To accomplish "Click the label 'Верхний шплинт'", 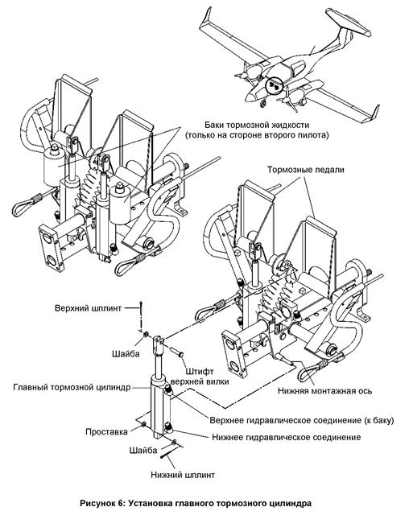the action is tap(88, 308).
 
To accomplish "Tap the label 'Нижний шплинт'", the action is tap(183, 475).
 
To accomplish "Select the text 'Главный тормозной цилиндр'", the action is tap(72, 387).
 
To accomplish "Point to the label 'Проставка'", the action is tap(106, 431).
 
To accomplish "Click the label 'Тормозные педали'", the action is tap(305, 170).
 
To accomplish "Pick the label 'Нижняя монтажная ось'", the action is tap(325, 391).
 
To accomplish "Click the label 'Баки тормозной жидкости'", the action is tap(257, 126).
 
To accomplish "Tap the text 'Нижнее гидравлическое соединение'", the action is tap(287, 438).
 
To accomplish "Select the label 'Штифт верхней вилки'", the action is tap(200, 377).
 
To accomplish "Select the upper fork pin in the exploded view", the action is tap(178, 352).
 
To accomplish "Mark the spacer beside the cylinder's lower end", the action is tap(144, 425).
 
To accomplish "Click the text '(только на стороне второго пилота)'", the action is tap(257, 135).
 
